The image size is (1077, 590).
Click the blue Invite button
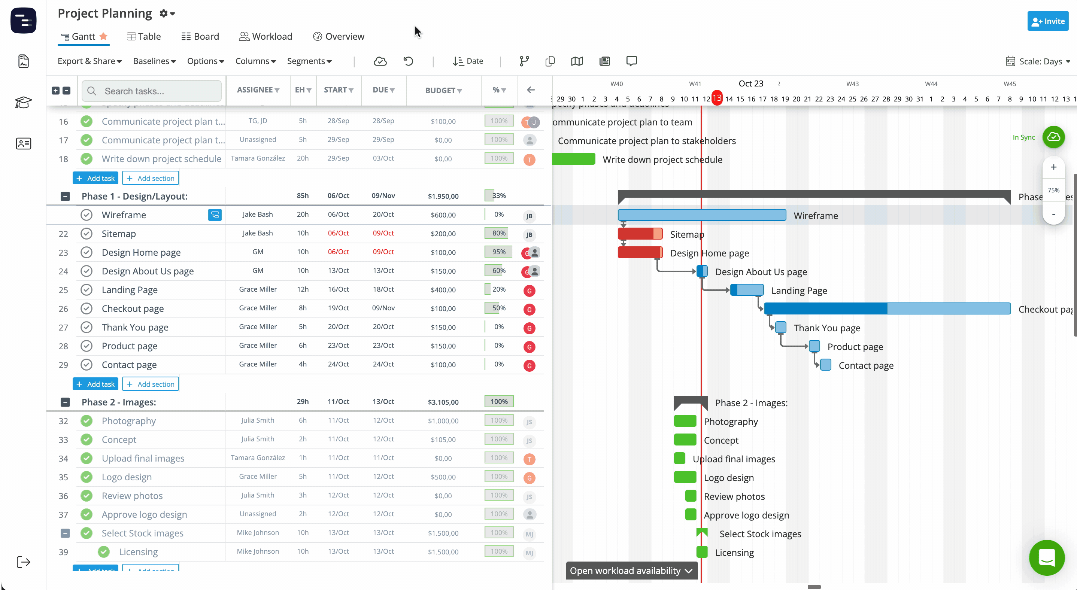[1047, 21]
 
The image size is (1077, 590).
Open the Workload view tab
[266, 36]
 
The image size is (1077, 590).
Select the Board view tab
[200, 36]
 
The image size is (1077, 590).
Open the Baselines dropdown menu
[154, 61]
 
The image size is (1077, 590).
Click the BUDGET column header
[443, 90]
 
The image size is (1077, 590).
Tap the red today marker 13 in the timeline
[717, 98]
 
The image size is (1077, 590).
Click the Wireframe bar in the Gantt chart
[701, 215]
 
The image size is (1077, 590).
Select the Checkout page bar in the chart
[886, 309]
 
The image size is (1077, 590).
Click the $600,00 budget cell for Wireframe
[443, 215]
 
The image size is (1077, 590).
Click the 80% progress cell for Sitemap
[498, 233]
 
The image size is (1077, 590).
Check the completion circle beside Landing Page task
[87, 289]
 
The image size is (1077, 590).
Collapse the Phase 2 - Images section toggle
[65, 402]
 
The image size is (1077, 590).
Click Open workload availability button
[631, 571]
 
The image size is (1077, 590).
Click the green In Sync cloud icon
[1053, 137]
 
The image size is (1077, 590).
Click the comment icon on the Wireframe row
[215, 215]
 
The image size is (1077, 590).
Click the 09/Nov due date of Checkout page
[383, 308]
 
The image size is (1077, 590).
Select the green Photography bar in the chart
[685, 421]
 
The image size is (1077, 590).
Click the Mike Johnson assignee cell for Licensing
[258, 551]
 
